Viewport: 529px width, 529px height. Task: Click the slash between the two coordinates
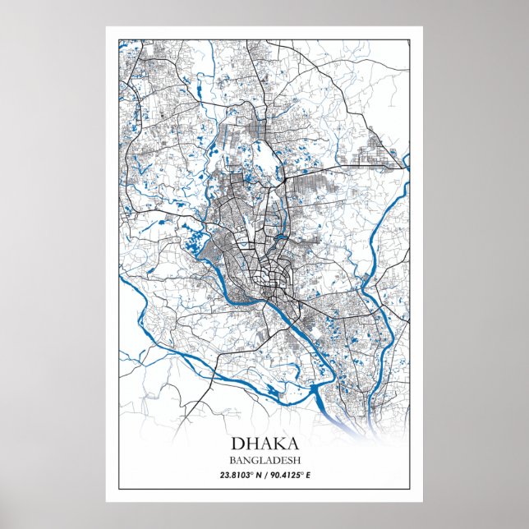[265, 476]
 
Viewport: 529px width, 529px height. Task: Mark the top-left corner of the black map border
[119, 39]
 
